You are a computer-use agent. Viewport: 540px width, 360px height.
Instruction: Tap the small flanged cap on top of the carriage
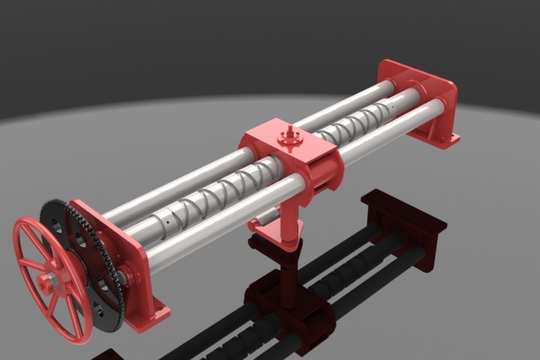[x=288, y=138]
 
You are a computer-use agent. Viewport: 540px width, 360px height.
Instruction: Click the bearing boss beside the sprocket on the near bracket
[x=123, y=278]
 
